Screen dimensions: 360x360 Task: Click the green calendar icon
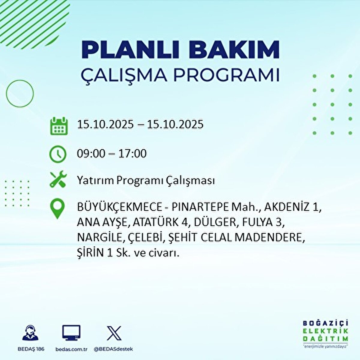pyautogui.click(x=59, y=126)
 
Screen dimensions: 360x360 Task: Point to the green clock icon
pyautogui.click(x=58, y=154)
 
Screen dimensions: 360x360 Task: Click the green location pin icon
pyautogui.click(x=57, y=208)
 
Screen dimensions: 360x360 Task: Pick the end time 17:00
pyautogui.click(x=133, y=154)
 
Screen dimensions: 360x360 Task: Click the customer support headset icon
pyautogui.click(x=30, y=333)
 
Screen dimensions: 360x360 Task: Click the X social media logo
pyautogui.click(x=114, y=333)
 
